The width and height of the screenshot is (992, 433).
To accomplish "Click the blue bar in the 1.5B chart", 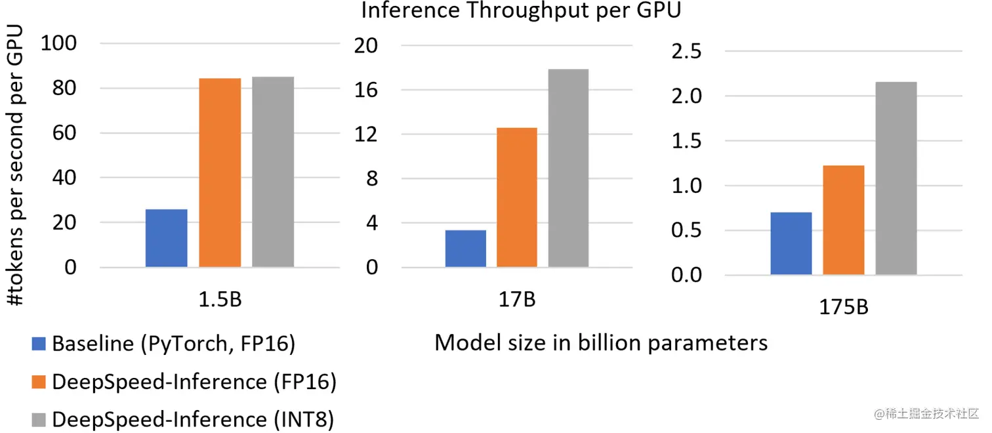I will click(166, 238).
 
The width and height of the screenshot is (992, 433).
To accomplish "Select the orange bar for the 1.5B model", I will click(220, 173).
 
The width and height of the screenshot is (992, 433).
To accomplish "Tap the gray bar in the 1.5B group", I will click(272, 172).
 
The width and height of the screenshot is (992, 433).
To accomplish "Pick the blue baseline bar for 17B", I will click(465, 249).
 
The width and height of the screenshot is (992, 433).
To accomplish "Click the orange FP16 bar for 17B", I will click(517, 197).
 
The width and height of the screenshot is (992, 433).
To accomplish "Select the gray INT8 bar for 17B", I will click(569, 168).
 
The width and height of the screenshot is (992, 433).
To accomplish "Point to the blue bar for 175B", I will click(791, 243).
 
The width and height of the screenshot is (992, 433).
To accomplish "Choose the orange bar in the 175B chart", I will click(843, 220).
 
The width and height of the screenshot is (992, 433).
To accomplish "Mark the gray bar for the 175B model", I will click(896, 178).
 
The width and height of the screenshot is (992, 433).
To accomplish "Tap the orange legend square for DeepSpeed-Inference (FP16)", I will click(39, 382).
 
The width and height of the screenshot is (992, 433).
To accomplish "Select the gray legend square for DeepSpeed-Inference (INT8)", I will click(39, 419).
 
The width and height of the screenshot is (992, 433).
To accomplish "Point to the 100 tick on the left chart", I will click(60, 44).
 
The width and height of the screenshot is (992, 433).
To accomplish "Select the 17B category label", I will click(516, 300).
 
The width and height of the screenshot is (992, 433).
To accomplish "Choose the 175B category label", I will click(844, 306).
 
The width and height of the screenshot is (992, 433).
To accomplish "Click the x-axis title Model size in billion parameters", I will click(601, 342).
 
